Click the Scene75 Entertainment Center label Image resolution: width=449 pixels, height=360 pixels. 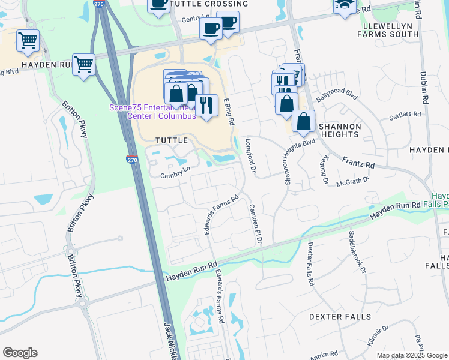152,112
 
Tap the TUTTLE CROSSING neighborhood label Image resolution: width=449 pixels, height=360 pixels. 200,4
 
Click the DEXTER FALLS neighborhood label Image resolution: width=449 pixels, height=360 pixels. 340,316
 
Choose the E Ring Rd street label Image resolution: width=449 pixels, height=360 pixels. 229,112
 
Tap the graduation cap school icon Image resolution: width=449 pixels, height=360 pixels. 345,5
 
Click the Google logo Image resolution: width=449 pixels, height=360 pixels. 20,353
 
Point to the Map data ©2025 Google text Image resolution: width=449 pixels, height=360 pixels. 411,355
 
